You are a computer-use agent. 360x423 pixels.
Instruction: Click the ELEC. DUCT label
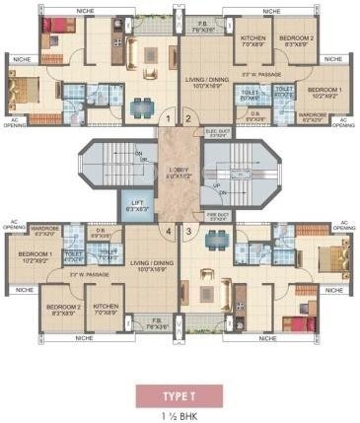tap(217, 130)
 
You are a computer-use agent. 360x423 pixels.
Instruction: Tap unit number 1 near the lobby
tap(169, 119)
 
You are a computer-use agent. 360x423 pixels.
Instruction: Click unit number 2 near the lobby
tap(188, 119)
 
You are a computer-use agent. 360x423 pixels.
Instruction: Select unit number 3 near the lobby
tap(188, 234)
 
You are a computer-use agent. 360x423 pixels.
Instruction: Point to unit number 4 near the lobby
tap(169, 234)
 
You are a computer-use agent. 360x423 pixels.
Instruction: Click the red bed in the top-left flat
tap(52, 28)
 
